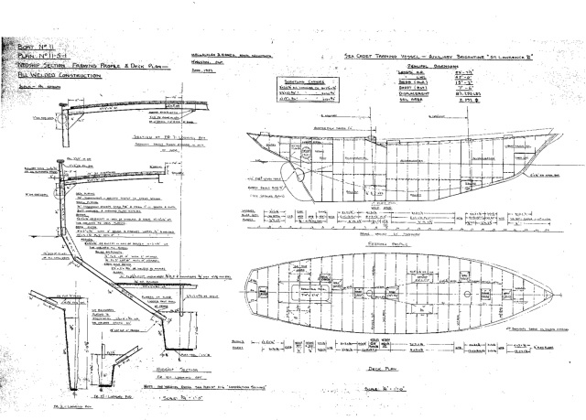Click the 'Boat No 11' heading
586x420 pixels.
click(27, 45)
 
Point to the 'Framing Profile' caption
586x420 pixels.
click(385, 244)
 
